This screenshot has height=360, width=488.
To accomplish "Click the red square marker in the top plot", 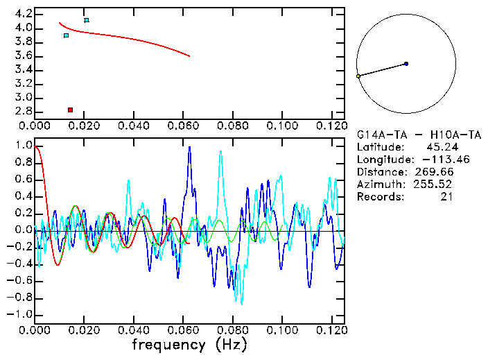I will point(70,110).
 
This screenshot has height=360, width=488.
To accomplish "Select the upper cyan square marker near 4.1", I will point(86,20).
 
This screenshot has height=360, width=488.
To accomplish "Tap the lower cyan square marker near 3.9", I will point(66,35).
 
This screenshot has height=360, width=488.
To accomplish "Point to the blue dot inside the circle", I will point(406,64).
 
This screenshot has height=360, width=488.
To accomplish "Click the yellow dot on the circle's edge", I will point(358,76).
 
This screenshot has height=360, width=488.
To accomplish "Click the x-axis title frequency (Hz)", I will point(189,345).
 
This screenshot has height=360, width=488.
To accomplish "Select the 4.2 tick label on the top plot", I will point(24,14).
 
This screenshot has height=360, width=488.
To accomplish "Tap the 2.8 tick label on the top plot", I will point(24,111).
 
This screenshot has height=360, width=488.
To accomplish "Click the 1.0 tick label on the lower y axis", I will point(24,146).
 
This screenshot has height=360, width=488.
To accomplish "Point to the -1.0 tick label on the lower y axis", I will point(21,314).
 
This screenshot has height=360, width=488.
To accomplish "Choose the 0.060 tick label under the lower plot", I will point(182,329).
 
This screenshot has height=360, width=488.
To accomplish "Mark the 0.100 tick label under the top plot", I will point(281,126).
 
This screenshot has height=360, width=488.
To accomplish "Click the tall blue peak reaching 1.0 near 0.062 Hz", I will point(189,148).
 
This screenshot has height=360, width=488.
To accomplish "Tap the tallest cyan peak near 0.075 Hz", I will point(220,152).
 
